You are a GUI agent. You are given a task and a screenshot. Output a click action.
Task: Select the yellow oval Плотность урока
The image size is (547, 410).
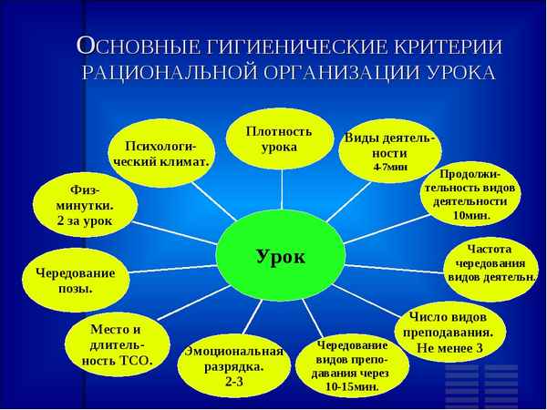tap(280, 139)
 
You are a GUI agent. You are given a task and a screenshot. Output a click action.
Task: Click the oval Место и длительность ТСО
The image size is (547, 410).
tap(116, 344)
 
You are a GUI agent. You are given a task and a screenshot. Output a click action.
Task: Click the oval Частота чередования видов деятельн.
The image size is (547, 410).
tap(490, 261)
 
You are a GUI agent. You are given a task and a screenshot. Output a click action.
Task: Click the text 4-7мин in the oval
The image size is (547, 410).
tap(390, 169)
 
